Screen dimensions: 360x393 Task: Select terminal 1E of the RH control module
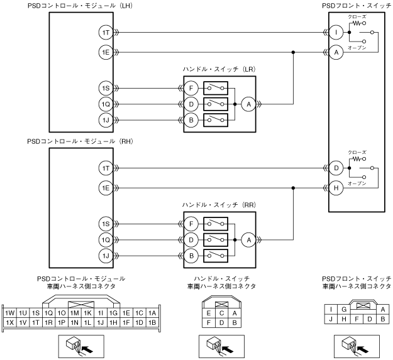tap(105, 187)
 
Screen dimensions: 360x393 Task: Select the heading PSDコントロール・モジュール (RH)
tap(75, 141)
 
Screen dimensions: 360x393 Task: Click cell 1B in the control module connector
tap(152, 322)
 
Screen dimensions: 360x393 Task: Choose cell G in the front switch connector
tap(343, 309)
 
